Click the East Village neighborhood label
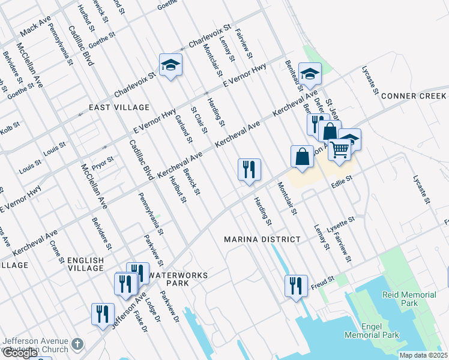[119, 107]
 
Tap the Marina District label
[262, 239]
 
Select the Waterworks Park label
[178, 279]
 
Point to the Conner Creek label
[414, 96]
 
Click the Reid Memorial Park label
[409, 299]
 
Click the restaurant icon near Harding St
[249, 170]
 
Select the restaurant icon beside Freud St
[296, 286]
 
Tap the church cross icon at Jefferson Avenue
[76, 344]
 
